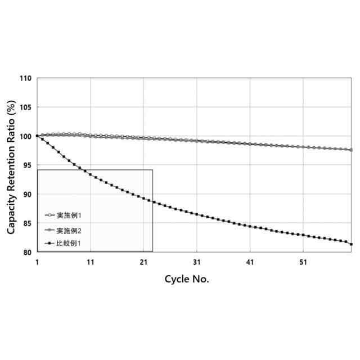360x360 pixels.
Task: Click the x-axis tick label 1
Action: pyautogui.click(x=37, y=262)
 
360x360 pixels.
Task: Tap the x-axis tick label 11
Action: pyautogui.click(x=90, y=262)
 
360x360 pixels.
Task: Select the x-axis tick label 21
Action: pyautogui.click(x=143, y=262)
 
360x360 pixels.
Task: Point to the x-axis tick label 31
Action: pyautogui.click(x=197, y=262)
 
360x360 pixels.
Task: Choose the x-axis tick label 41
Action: pyautogui.click(x=250, y=262)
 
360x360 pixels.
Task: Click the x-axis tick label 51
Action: pyautogui.click(x=304, y=262)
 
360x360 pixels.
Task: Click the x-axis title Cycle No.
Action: pyautogui.click(x=187, y=280)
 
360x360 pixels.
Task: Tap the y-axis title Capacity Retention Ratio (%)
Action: pyautogui.click(x=11, y=167)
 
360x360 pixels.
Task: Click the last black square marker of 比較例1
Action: pyautogui.click(x=352, y=244)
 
